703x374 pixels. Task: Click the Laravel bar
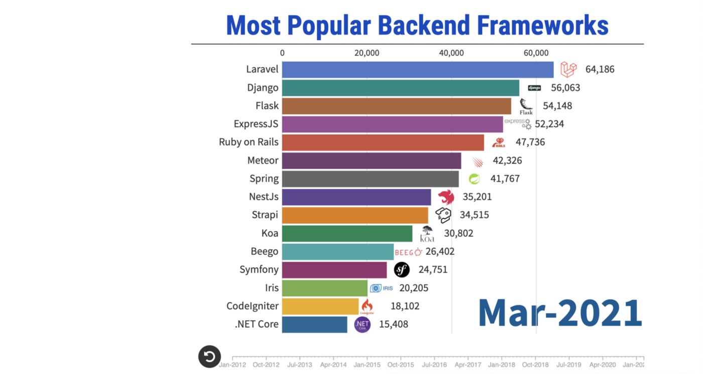(417, 69)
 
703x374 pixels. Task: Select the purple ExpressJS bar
(392, 124)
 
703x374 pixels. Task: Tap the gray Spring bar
(370, 178)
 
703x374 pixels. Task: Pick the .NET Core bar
(314, 324)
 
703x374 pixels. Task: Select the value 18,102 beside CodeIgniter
(405, 306)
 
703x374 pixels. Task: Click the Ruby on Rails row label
(249, 142)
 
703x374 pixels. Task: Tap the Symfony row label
(259, 270)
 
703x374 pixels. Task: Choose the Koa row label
(270, 233)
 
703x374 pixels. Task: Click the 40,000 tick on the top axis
(451, 53)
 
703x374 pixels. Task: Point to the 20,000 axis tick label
(367, 53)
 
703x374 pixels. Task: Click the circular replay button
(209, 357)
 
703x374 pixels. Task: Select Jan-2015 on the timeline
(367, 364)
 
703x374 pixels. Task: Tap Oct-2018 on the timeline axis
(535, 364)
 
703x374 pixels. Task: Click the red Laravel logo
(568, 69)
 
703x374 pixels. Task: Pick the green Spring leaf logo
(474, 178)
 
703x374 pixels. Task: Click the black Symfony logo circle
(402, 270)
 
